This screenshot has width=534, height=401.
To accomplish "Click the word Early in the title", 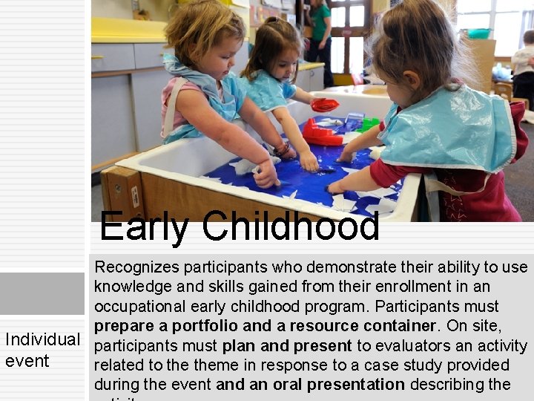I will (144, 226).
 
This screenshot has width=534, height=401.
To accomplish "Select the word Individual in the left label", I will (43, 339).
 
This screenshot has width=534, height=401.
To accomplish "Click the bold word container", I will (397, 326).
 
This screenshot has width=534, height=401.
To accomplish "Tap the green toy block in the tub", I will (367, 123).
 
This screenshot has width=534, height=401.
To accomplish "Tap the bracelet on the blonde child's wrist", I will (282, 149).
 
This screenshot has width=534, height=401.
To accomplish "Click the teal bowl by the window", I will (478, 33).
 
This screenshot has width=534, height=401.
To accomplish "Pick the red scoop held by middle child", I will (324, 105).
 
